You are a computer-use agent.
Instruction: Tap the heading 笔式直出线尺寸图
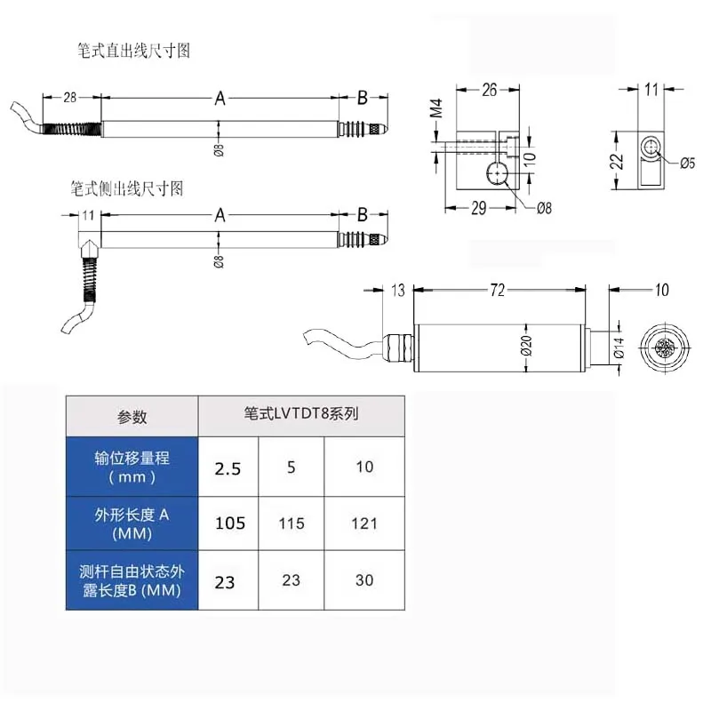click(133, 51)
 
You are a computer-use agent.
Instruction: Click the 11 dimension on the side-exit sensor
click(88, 215)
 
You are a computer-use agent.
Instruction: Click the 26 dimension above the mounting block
click(489, 89)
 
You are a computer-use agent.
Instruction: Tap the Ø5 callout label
click(686, 163)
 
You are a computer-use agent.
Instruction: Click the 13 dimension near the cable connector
click(397, 290)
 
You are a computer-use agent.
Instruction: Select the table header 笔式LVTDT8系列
click(300, 413)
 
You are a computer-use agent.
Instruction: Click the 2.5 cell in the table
click(228, 469)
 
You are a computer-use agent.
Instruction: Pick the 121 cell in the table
click(363, 523)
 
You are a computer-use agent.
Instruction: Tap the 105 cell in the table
click(230, 523)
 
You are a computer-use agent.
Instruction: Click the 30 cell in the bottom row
click(363, 580)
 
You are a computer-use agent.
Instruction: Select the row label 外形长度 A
click(132, 524)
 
